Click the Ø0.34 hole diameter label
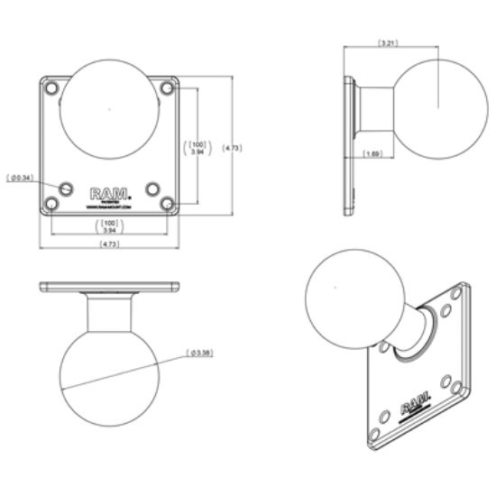[x=19, y=179]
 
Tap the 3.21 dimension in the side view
[x=387, y=42]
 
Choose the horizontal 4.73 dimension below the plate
[x=110, y=244]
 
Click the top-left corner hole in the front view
[x=53, y=89]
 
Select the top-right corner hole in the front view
[x=166, y=89]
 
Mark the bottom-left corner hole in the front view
[x=53, y=204]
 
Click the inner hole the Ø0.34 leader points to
[x=68, y=188]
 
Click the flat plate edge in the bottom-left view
[x=110, y=288]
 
